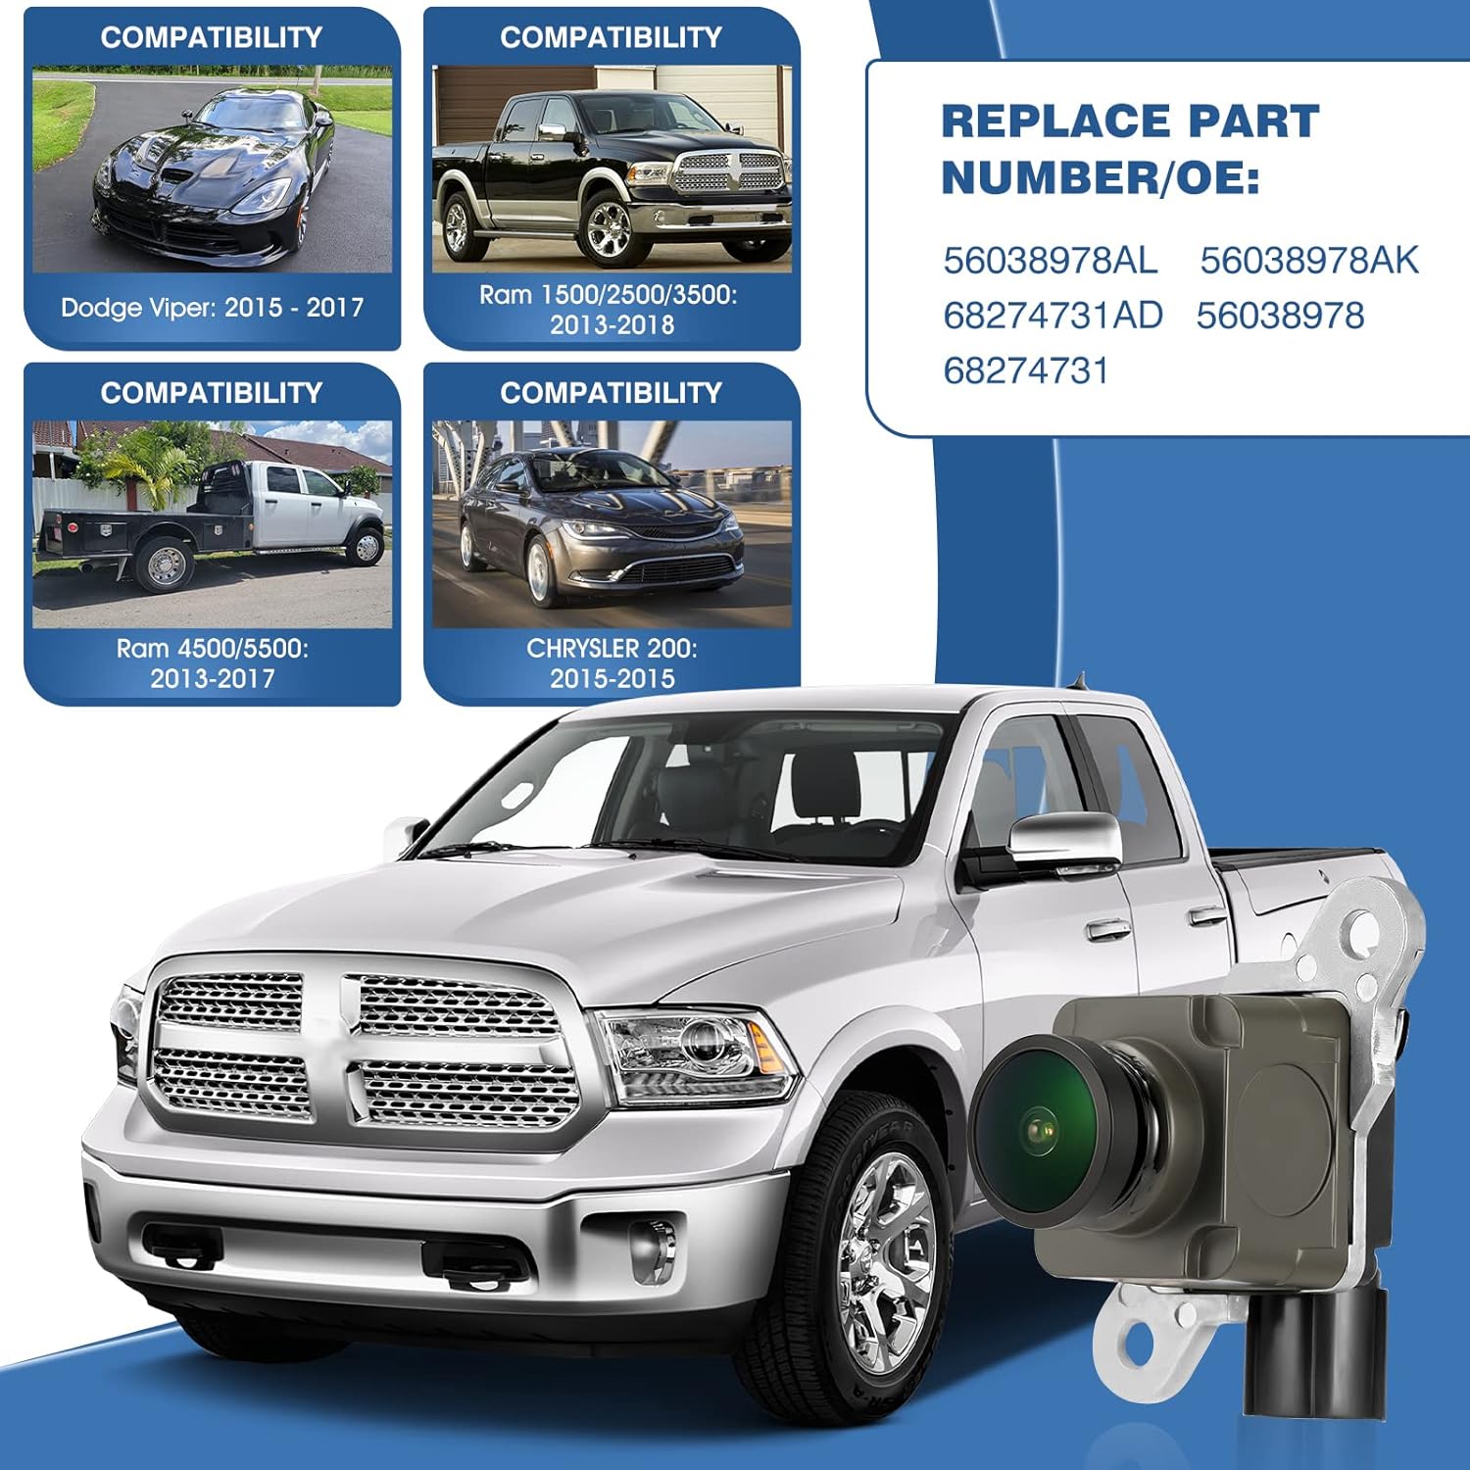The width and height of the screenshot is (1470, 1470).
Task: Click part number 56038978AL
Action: tap(1050, 261)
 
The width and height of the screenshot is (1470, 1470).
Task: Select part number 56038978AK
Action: tap(1309, 261)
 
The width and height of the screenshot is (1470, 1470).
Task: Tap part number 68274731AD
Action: tap(1053, 316)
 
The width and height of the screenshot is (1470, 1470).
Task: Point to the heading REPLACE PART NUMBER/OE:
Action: tap(1130, 150)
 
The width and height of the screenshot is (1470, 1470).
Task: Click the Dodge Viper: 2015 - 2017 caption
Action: tap(212, 308)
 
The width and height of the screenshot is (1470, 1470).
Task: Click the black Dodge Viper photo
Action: tap(213, 170)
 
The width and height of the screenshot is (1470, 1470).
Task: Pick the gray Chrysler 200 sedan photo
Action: tap(612, 524)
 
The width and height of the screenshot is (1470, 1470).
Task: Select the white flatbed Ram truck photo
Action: tap(213, 524)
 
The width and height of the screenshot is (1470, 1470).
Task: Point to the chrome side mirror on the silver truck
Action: tap(1063, 843)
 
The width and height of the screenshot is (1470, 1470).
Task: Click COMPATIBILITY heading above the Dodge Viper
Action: tap(212, 37)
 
